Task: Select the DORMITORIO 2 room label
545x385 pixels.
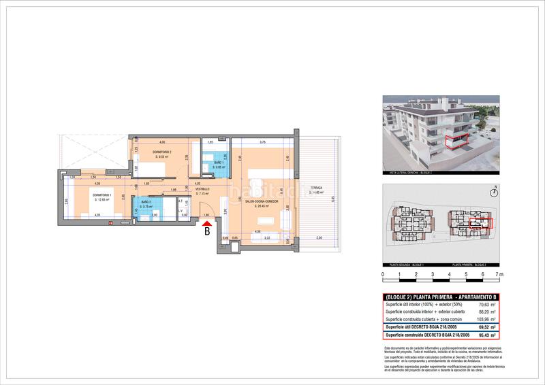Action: (x=161, y=152)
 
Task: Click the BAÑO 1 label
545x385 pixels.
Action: (x=218, y=163)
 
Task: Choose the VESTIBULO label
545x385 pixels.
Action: (x=203, y=189)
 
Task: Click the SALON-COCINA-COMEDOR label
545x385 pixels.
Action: (x=263, y=201)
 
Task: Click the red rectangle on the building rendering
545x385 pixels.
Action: (x=456, y=142)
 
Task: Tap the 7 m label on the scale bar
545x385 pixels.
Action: (x=500, y=275)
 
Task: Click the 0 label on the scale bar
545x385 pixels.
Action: (x=383, y=275)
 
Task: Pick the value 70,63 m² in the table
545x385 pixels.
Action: (x=486, y=305)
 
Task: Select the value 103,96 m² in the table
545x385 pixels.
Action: (x=484, y=319)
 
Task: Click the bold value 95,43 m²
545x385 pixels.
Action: (x=486, y=335)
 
